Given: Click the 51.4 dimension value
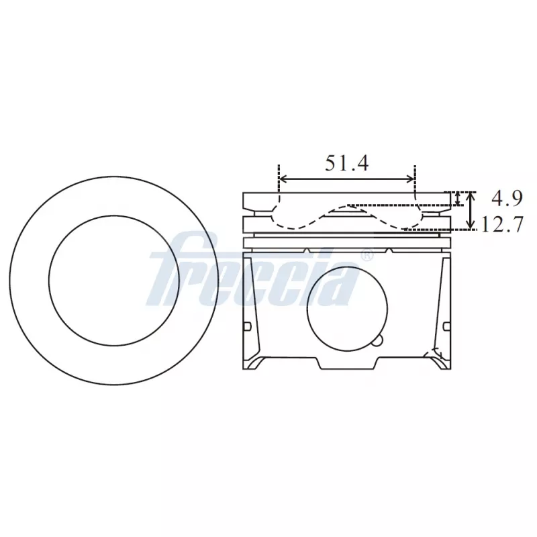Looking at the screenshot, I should [x=347, y=163].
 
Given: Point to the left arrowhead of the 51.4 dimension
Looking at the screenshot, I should [x=283, y=179].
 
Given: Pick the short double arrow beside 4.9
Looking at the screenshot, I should [x=458, y=199].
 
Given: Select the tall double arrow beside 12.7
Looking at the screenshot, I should [x=471, y=210].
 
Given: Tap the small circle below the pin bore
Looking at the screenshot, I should [x=378, y=340].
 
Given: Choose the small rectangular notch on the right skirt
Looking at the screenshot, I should [x=446, y=326].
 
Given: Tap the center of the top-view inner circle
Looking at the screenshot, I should [x=114, y=280].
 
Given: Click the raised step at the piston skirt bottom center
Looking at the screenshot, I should [x=348, y=362].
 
